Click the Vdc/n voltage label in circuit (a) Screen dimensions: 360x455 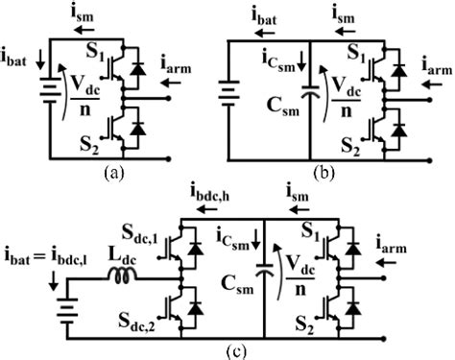point(76,99)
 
